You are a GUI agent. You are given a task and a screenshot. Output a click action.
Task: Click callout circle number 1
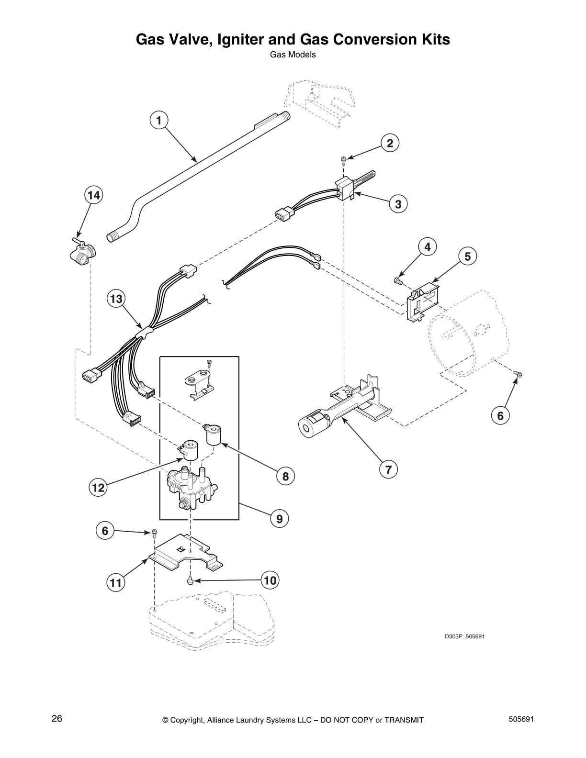click(159, 120)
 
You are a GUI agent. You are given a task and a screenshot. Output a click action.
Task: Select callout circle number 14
click(94, 195)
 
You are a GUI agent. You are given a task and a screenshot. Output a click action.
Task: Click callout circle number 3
click(398, 204)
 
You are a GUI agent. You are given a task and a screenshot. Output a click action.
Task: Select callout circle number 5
click(467, 256)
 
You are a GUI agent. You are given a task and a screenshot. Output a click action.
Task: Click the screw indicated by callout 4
click(397, 280)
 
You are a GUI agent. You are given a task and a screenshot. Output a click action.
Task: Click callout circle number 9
click(280, 518)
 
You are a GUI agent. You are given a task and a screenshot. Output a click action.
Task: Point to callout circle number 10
click(270, 580)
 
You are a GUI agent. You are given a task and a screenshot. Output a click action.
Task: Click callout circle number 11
click(115, 583)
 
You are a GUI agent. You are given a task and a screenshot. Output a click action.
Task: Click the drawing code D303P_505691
click(462, 636)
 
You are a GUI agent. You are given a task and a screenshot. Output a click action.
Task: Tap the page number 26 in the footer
click(57, 719)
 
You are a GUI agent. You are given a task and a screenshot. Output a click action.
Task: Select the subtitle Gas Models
click(293, 55)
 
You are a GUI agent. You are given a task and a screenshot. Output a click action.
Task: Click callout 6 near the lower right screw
click(500, 416)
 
